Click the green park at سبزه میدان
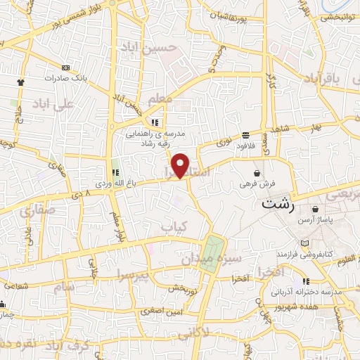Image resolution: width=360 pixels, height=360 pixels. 212,250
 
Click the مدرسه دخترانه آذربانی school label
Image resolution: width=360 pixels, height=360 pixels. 314,291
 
